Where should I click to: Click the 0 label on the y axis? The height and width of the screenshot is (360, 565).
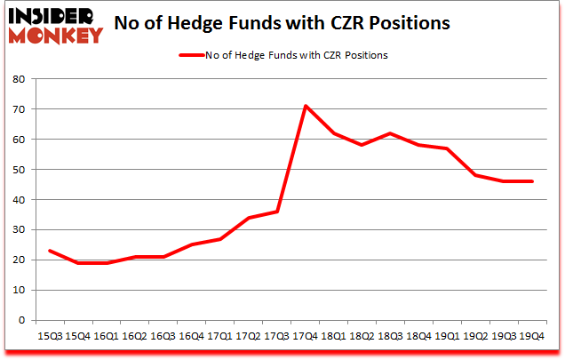click(21, 321)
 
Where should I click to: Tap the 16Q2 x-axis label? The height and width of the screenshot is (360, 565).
click(134, 337)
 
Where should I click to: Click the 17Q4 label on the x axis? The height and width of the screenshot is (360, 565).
click(306, 337)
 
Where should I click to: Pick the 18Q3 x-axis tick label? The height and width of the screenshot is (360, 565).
click(391, 337)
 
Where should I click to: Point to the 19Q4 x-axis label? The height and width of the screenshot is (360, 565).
click(533, 337)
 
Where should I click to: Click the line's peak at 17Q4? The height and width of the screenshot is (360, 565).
click(306, 106)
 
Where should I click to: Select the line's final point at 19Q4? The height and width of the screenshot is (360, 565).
click(533, 181)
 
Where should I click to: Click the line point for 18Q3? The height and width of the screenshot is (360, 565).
click(391, 133)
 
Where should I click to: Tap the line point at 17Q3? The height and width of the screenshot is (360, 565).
click(277, 212)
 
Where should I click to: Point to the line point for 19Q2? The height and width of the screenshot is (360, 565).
click(476, 175)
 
